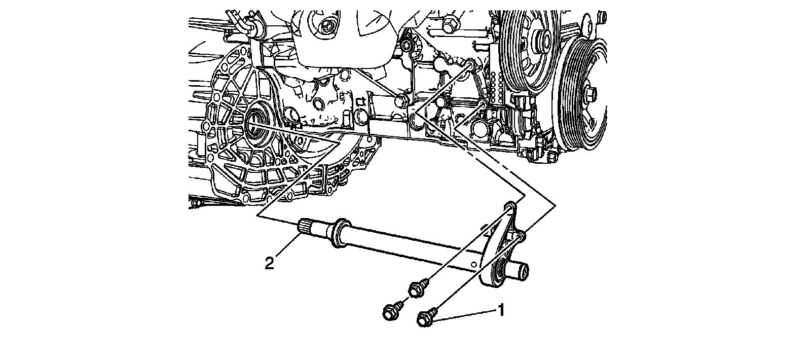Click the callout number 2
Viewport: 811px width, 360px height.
tap(270, 263)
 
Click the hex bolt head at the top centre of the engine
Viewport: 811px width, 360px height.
tap(449, 23)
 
